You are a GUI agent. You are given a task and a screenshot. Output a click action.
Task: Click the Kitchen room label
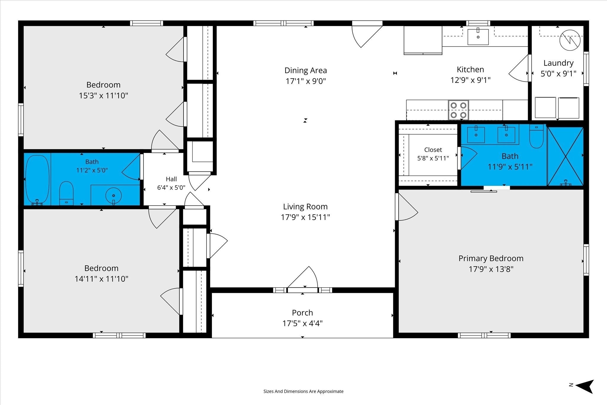pos(470,70)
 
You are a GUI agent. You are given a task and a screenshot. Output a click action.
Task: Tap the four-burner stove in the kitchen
pos(459,110)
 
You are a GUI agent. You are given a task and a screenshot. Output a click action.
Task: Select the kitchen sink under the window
pos(478,37)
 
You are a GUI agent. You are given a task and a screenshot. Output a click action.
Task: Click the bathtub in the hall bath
pos(37,180)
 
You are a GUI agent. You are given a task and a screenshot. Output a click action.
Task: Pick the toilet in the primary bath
pos(536,136)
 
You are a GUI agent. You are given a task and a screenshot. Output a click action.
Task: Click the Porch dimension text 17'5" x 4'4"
pos(302,323)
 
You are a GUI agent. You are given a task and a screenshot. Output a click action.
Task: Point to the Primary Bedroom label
pos(491,259)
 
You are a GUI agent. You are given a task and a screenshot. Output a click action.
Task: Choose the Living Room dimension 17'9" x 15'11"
pos(305,217)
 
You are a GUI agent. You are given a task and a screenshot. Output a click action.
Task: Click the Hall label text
pos(171,179)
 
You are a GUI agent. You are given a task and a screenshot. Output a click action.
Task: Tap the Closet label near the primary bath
pos(433,150)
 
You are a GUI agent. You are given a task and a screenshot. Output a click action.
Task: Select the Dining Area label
pos(306,71)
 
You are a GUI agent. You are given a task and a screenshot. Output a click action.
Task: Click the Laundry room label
pos(558,63)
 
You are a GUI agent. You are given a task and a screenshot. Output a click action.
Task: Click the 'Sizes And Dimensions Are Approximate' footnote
pos(303,391)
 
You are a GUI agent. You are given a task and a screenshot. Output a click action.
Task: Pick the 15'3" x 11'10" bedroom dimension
pos(103,96)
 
